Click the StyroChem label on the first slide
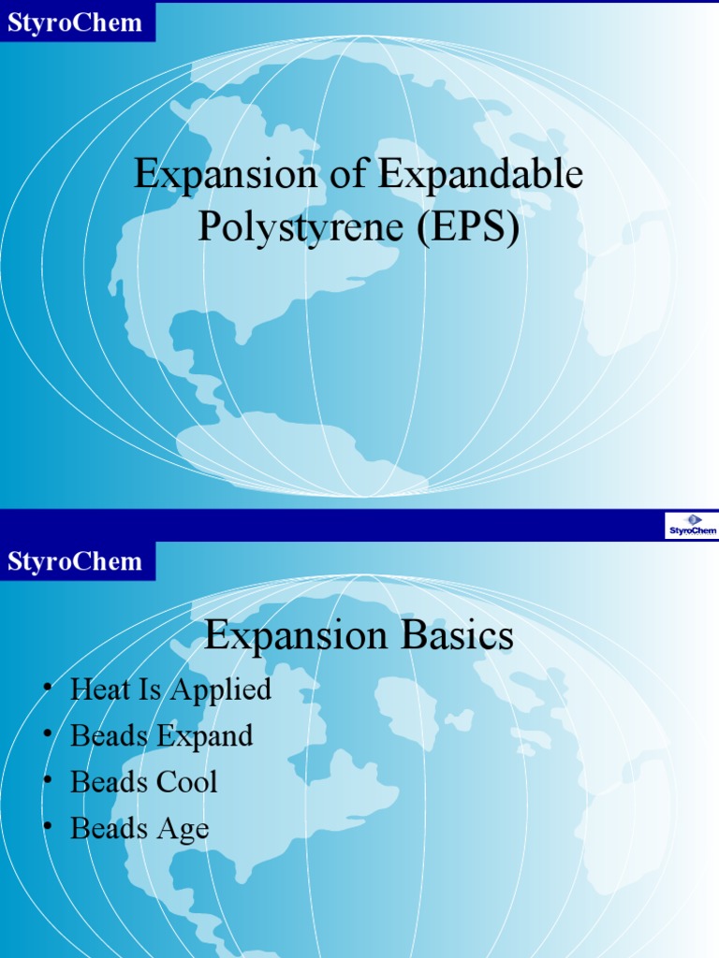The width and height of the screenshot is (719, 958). click(x=75, y=22)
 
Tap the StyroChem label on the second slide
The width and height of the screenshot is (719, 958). click(x=75, y=561)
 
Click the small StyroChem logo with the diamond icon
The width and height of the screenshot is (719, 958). click(x=692, y=526)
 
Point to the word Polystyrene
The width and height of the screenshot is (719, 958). click(x=302, y=227)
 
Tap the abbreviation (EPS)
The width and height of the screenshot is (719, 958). click(x=468, y=227)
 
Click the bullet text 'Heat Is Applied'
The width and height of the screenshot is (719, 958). click(x=170, y=689)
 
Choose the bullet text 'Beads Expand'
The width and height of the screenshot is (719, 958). click(x=161, y=735)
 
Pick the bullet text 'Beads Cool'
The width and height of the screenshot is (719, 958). click(x=143, y=781)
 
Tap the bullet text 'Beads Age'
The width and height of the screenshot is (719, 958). click(x=139, y=828)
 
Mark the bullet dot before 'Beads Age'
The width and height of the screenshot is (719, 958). click(x=47, y=827)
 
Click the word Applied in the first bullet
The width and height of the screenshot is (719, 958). click(x=221, y=690)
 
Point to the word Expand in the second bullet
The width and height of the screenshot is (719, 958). click(x=205, y=736)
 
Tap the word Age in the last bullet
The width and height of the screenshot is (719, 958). click(x=183, y=829)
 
